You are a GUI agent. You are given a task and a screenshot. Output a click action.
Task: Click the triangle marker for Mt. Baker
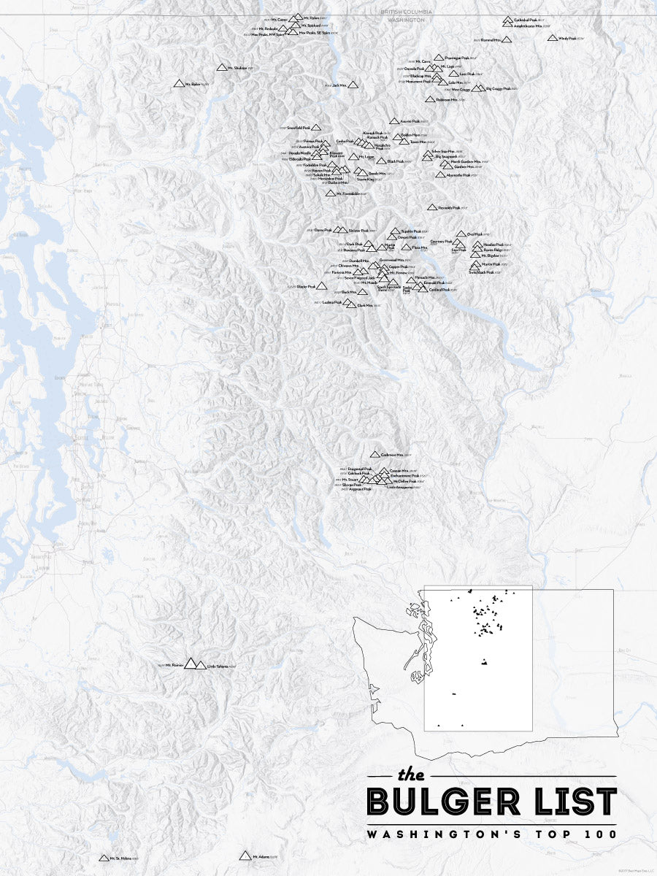179,84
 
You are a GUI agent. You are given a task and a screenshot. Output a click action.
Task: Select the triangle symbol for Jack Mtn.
353,85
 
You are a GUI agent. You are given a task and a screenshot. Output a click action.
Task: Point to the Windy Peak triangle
553,38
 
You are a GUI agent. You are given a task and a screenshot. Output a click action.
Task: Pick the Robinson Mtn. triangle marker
430,99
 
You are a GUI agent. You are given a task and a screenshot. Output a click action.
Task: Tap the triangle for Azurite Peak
394,121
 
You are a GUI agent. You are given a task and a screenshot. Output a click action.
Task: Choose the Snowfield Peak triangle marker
316,127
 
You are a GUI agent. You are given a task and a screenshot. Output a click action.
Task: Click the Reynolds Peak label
448,208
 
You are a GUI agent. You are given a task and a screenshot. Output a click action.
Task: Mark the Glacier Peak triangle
322,286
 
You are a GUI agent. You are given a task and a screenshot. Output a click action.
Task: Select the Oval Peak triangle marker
461,234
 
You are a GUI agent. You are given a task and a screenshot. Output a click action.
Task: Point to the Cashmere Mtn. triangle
375,455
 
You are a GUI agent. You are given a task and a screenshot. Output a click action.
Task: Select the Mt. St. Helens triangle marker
104,858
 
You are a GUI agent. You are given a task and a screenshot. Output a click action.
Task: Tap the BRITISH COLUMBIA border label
406,12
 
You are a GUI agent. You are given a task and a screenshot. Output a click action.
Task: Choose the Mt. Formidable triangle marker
331,193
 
